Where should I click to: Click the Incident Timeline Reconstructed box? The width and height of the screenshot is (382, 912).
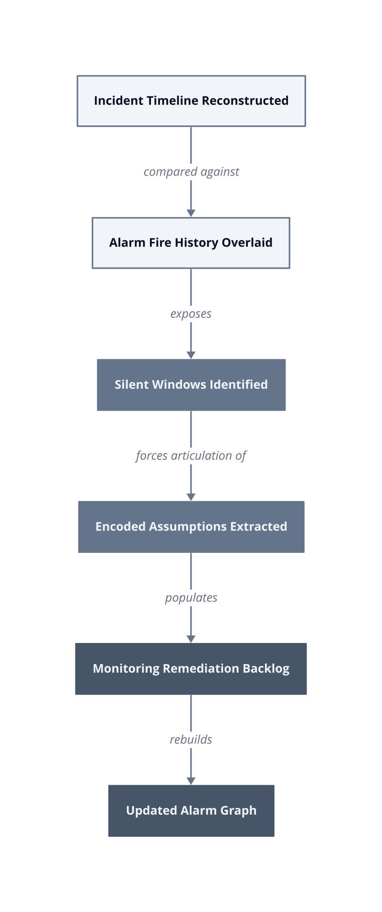coord(191,101)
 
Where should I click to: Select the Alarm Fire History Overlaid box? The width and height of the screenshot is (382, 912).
coord(191,243)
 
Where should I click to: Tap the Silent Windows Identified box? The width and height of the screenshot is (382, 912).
coord(191,385)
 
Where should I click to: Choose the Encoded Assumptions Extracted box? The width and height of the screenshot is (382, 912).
coord(191,527)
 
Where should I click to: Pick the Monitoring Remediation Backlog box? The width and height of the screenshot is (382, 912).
coord(191,669)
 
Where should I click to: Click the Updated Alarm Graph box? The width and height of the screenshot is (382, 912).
coord(191,811)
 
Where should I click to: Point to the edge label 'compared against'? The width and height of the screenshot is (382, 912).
coord(191,172)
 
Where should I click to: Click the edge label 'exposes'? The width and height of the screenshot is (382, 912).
coord(191,314)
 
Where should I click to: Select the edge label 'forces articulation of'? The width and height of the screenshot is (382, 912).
coord(191,456)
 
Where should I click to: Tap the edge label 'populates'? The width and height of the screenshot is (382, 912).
coord(191,598)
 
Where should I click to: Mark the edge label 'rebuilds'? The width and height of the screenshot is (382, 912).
coord(191,739)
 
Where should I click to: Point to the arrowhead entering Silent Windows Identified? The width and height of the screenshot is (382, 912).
coord(191,355)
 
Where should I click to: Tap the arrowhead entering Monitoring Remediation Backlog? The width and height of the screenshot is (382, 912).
coord(191,639)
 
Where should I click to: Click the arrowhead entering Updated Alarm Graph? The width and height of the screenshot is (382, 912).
coord(191,781)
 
